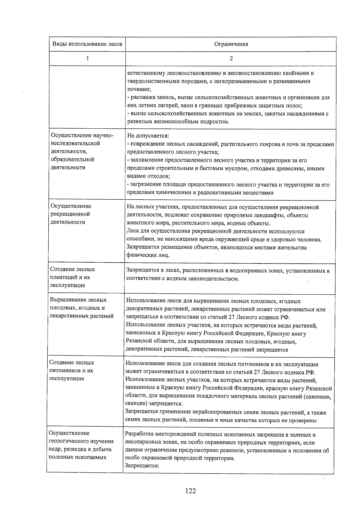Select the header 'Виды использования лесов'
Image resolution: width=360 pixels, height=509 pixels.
coord(87,44)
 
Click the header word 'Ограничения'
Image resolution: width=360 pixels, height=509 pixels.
coord(231,44)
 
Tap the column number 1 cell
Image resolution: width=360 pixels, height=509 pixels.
coord(87,58)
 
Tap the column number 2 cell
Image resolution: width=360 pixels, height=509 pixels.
coord(231,58)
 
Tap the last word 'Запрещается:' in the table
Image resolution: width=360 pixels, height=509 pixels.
coord(142,466)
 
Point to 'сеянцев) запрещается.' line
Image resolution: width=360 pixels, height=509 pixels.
coord(154,403)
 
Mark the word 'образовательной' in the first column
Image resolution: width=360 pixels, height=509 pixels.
coord(73,159)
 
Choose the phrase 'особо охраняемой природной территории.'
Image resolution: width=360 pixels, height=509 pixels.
coord(180,458)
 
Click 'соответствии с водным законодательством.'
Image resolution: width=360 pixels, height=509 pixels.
coord(183,279)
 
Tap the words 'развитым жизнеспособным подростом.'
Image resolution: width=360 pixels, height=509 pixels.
coord(178,122)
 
